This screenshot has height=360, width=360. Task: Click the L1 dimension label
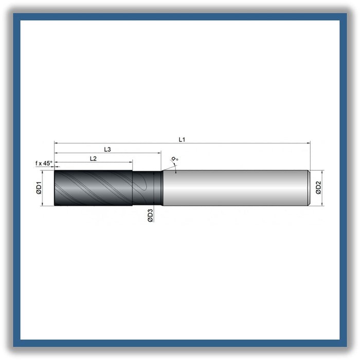(x=182, y=139)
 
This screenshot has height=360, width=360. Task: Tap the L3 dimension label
(x=107, y=149)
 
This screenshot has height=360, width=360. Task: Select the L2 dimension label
(x=93, y=158)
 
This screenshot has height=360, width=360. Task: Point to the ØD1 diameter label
(x=39, y=188)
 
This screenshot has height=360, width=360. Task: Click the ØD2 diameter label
(x=318, y=188)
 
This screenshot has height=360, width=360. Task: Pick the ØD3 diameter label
(x=150, y=215)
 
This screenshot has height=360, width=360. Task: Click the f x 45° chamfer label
(x=44, y=163)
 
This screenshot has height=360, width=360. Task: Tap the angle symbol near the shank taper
(x=175, y=158)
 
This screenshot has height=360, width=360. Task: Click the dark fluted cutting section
(x=93, y=188)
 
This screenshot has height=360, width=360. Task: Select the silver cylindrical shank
(x=236, y=188)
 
